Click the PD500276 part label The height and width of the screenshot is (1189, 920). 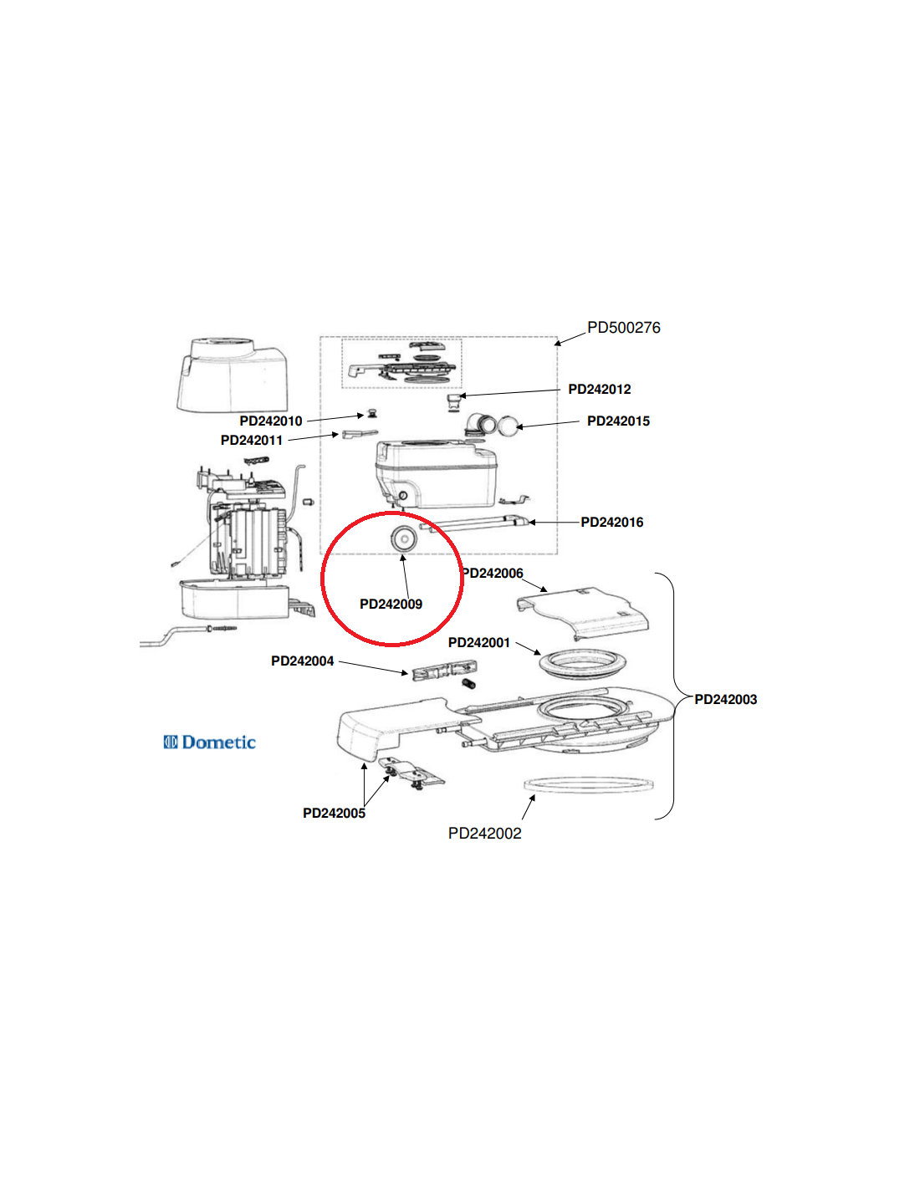623,328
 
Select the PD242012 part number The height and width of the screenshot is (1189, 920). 599,390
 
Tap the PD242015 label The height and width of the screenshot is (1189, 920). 618,421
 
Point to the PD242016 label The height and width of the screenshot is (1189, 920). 611,523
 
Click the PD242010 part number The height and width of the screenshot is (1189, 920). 271,421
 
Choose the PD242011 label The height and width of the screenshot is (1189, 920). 252,441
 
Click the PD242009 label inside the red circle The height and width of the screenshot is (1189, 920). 391,605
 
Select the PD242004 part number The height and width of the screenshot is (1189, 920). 302,661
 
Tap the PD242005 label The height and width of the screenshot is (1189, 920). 334,814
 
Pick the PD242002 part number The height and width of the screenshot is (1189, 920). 484,834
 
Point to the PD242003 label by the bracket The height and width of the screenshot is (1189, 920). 725,700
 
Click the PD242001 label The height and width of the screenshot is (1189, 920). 478,643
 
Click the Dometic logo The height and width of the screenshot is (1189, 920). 209,742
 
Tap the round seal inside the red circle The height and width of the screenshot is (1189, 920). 403,539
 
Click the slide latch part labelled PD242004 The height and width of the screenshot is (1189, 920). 443,671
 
